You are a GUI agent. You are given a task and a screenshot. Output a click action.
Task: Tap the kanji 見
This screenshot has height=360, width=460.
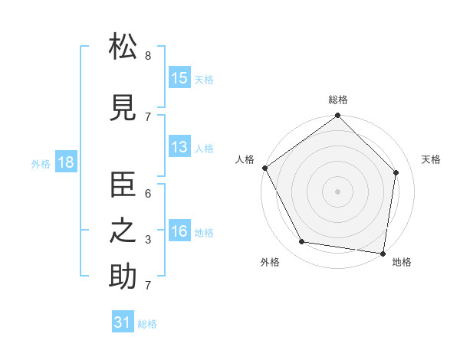[x=123, y=108]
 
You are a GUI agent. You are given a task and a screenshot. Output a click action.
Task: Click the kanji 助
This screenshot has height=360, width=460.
[x=123, y=277]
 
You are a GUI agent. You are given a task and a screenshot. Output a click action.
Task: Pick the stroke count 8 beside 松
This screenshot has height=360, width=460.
[x=148, y=56]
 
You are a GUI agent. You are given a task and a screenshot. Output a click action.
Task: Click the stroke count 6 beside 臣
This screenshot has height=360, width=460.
[x=148, y=194]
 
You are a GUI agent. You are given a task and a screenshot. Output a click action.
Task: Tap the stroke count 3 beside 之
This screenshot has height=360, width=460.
[x=148, y=240]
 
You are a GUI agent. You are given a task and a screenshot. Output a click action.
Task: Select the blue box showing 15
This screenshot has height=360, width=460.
[x=179, y=78]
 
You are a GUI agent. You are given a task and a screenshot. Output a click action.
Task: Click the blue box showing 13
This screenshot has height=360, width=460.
[x=179, y=147]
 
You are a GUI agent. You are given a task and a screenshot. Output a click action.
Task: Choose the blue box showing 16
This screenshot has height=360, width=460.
[x=179, y=231]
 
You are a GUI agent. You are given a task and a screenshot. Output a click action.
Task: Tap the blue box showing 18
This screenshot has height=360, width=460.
[x=65, y=162]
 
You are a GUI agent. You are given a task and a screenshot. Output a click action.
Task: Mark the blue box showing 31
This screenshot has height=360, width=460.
[x=123, y=322]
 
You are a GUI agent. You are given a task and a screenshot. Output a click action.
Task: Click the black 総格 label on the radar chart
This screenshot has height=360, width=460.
[x=338, y=100]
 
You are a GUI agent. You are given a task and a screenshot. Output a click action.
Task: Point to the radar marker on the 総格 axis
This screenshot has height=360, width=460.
[x=338, y=116]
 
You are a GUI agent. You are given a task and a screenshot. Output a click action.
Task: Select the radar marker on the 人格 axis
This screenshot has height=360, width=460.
[x=264, y=168]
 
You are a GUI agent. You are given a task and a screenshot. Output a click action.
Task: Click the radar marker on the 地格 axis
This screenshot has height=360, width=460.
[x=383, y=253]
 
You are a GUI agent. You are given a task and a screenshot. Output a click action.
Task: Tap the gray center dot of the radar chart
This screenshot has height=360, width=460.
[x=338, y=191]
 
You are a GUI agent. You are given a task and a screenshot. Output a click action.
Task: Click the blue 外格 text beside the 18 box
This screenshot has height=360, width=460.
[x=41, y=163]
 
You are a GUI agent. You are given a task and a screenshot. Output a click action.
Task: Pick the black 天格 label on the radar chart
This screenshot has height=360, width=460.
[x=431, y=159]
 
